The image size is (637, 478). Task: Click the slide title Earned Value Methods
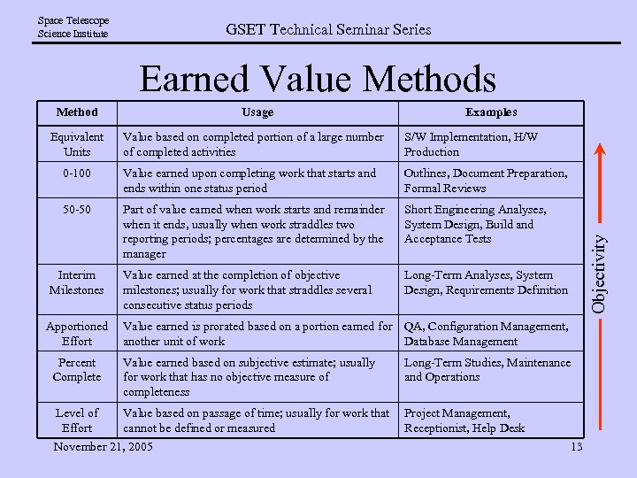click(x=318, y=80)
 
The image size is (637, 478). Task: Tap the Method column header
click(x=77, y=112)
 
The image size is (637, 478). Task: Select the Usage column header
click(x=257, y=112)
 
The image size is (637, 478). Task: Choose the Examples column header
click(x=491, y=112)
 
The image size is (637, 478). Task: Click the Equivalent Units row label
click(x=77, y=144)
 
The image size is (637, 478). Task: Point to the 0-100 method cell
click(x=77, y=173)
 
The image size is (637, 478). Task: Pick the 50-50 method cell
click(x=77, y=210)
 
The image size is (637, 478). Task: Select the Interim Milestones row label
click(x=77, y=282)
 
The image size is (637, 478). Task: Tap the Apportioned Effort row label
click(x=77, y=334)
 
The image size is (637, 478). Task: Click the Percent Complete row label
click(x=77, y=370)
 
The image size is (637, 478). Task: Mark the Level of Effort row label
click(x=77, y=420)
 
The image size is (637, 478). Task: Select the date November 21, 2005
click(x=103, y=446)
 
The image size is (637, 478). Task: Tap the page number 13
click(x=576, y=446)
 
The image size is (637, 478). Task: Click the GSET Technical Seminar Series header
click(x=328, y=29)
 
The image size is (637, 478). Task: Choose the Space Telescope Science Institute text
click(x=73, y=27)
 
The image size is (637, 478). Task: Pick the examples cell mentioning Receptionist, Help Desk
click(x=464, y=420)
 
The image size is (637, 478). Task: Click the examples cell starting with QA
click(x=487, y=334)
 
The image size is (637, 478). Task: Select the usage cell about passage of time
click(x=256, y=420)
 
